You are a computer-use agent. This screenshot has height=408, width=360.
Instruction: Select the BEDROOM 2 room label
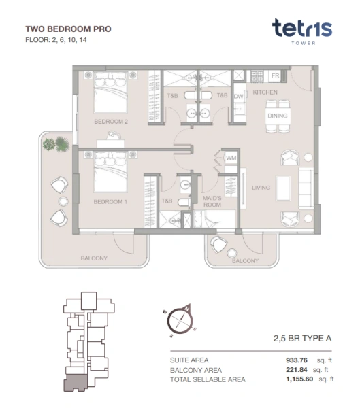(111, 122)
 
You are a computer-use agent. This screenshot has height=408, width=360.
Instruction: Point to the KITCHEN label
(265, 92)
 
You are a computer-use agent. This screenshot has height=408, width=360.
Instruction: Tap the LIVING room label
(261, 188)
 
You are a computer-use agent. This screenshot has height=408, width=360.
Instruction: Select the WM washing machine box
(231, 158)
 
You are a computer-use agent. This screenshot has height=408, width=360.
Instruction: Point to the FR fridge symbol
(276, 75)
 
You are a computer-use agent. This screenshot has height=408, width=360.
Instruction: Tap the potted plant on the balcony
(56, 143)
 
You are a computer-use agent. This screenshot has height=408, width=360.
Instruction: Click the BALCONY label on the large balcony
(95, 258)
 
